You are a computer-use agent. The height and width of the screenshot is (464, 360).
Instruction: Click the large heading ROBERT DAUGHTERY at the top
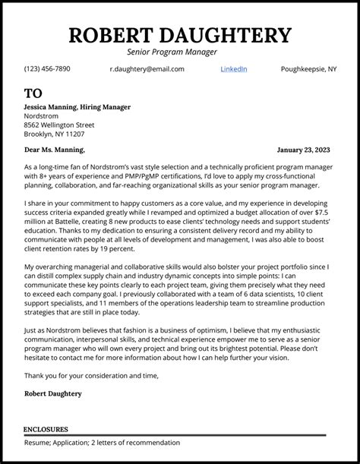tap(180, 35)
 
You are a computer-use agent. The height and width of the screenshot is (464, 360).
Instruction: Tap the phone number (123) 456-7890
tap(47, 69)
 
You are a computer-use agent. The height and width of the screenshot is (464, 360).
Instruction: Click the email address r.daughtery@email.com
tap(147, 69)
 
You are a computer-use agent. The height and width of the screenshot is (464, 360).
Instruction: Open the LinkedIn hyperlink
tap(233, 69)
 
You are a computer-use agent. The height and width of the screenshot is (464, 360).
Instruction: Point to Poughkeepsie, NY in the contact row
tap(308, 69)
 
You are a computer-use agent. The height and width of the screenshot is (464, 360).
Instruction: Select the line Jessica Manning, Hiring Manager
tap(77, 107)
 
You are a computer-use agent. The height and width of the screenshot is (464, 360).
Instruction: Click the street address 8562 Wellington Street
tap(59, 125)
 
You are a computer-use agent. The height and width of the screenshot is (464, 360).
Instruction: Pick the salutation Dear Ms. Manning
tap(54, 150)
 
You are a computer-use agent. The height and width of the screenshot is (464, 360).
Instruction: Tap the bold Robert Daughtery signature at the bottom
tap(53, 393)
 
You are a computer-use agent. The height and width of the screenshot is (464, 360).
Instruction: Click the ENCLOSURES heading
tap(46, 429)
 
